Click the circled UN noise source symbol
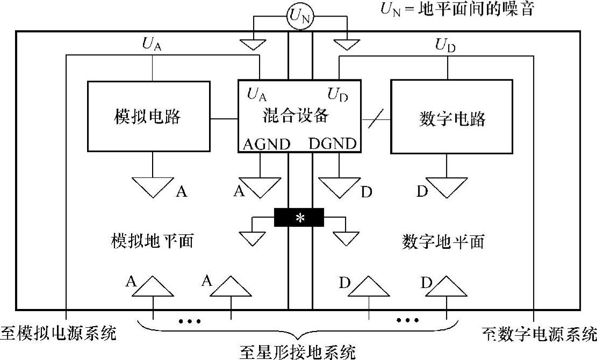(x=299, y=18)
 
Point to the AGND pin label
(x=267, y=144)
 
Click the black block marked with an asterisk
(x=299, y=218)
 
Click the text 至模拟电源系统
(x=59, y=334)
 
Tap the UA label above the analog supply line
(x=152, y=45)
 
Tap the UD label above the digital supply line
(x=445, y=45)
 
